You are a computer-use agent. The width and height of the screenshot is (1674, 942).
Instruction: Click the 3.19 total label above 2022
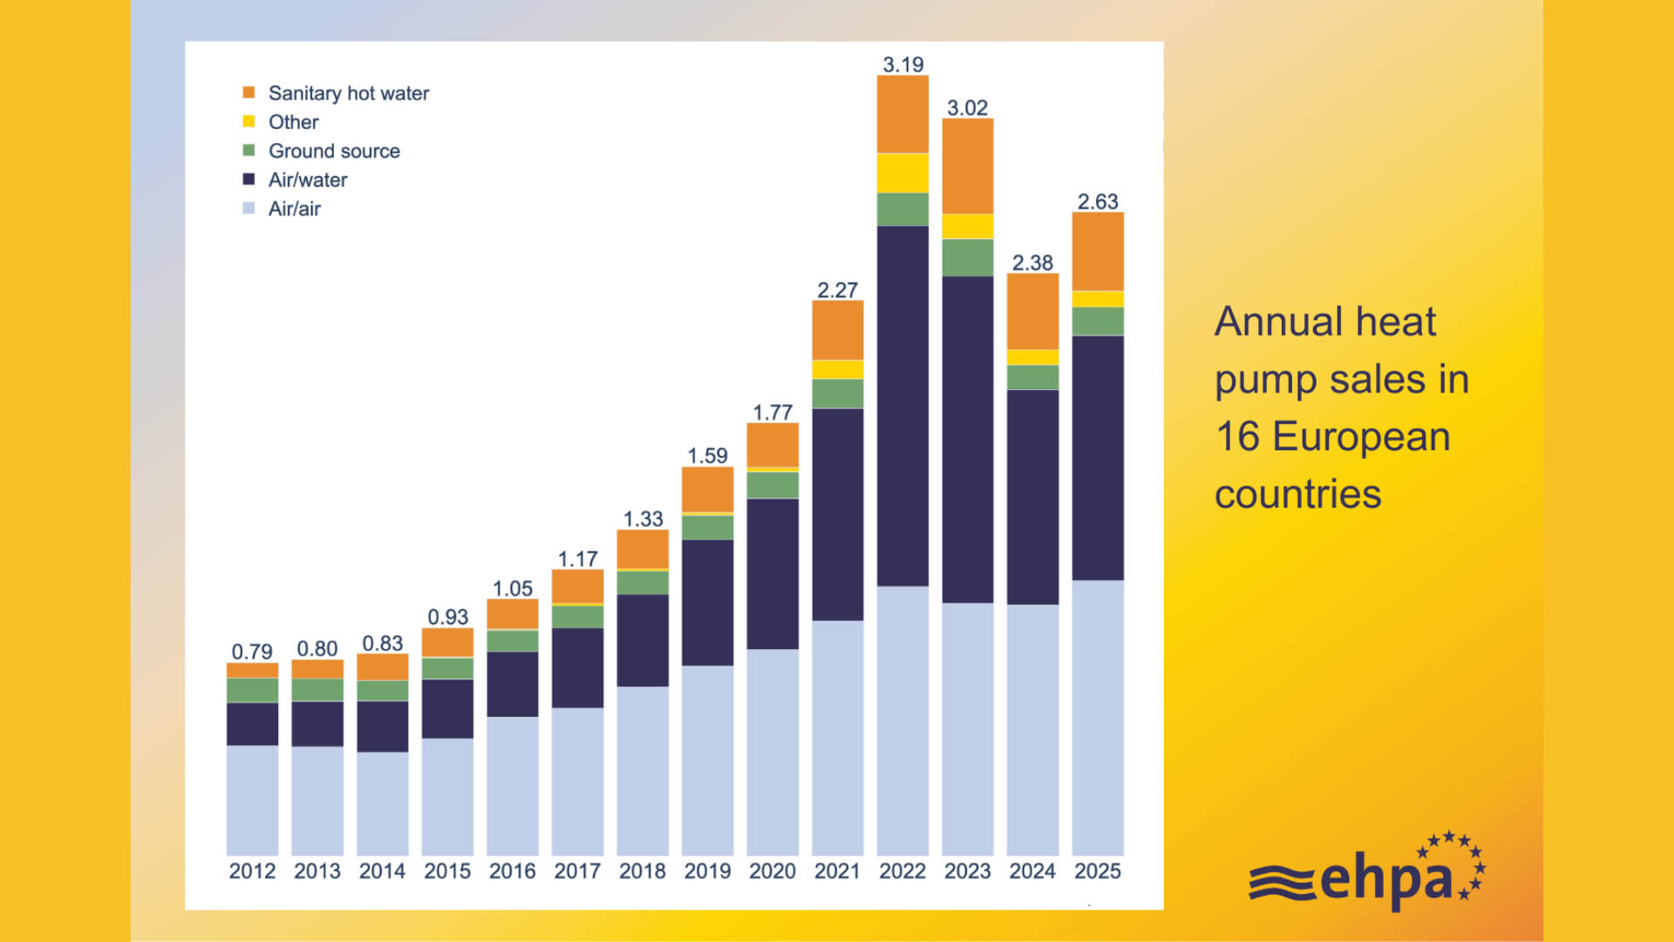(902, 65)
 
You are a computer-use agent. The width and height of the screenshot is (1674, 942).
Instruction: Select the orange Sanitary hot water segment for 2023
(968, 166)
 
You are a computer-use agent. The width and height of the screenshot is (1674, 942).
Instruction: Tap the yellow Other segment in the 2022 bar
(902, 173)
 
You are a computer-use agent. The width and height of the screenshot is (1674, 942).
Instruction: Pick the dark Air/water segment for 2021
(838, 515)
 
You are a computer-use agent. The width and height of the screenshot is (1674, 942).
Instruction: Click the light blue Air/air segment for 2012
(252, 800)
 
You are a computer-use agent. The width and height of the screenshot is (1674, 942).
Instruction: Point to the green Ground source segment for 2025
(1098, 321)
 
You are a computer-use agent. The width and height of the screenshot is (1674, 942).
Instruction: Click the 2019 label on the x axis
(707, 870)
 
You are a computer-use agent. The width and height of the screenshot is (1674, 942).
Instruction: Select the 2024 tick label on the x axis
(1032, 870)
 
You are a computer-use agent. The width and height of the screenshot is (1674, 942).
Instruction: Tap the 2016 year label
(512, 870)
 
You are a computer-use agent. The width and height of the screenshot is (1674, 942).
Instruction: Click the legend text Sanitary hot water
(349, 93)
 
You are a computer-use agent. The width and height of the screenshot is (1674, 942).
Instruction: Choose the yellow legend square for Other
(248, 121)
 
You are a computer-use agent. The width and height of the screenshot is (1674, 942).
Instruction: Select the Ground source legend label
(334, 151)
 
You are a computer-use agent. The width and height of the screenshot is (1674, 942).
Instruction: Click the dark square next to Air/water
(248, 179)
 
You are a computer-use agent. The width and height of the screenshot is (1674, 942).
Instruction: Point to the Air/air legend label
(295, 208)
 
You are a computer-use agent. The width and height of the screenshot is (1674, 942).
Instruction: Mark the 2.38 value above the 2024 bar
(1032, 263)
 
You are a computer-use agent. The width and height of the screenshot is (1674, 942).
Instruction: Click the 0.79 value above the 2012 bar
(252, 652)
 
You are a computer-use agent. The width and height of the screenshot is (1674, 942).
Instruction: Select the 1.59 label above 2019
(707, 455)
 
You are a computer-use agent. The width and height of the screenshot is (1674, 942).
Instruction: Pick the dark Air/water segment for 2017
(577, 667)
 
